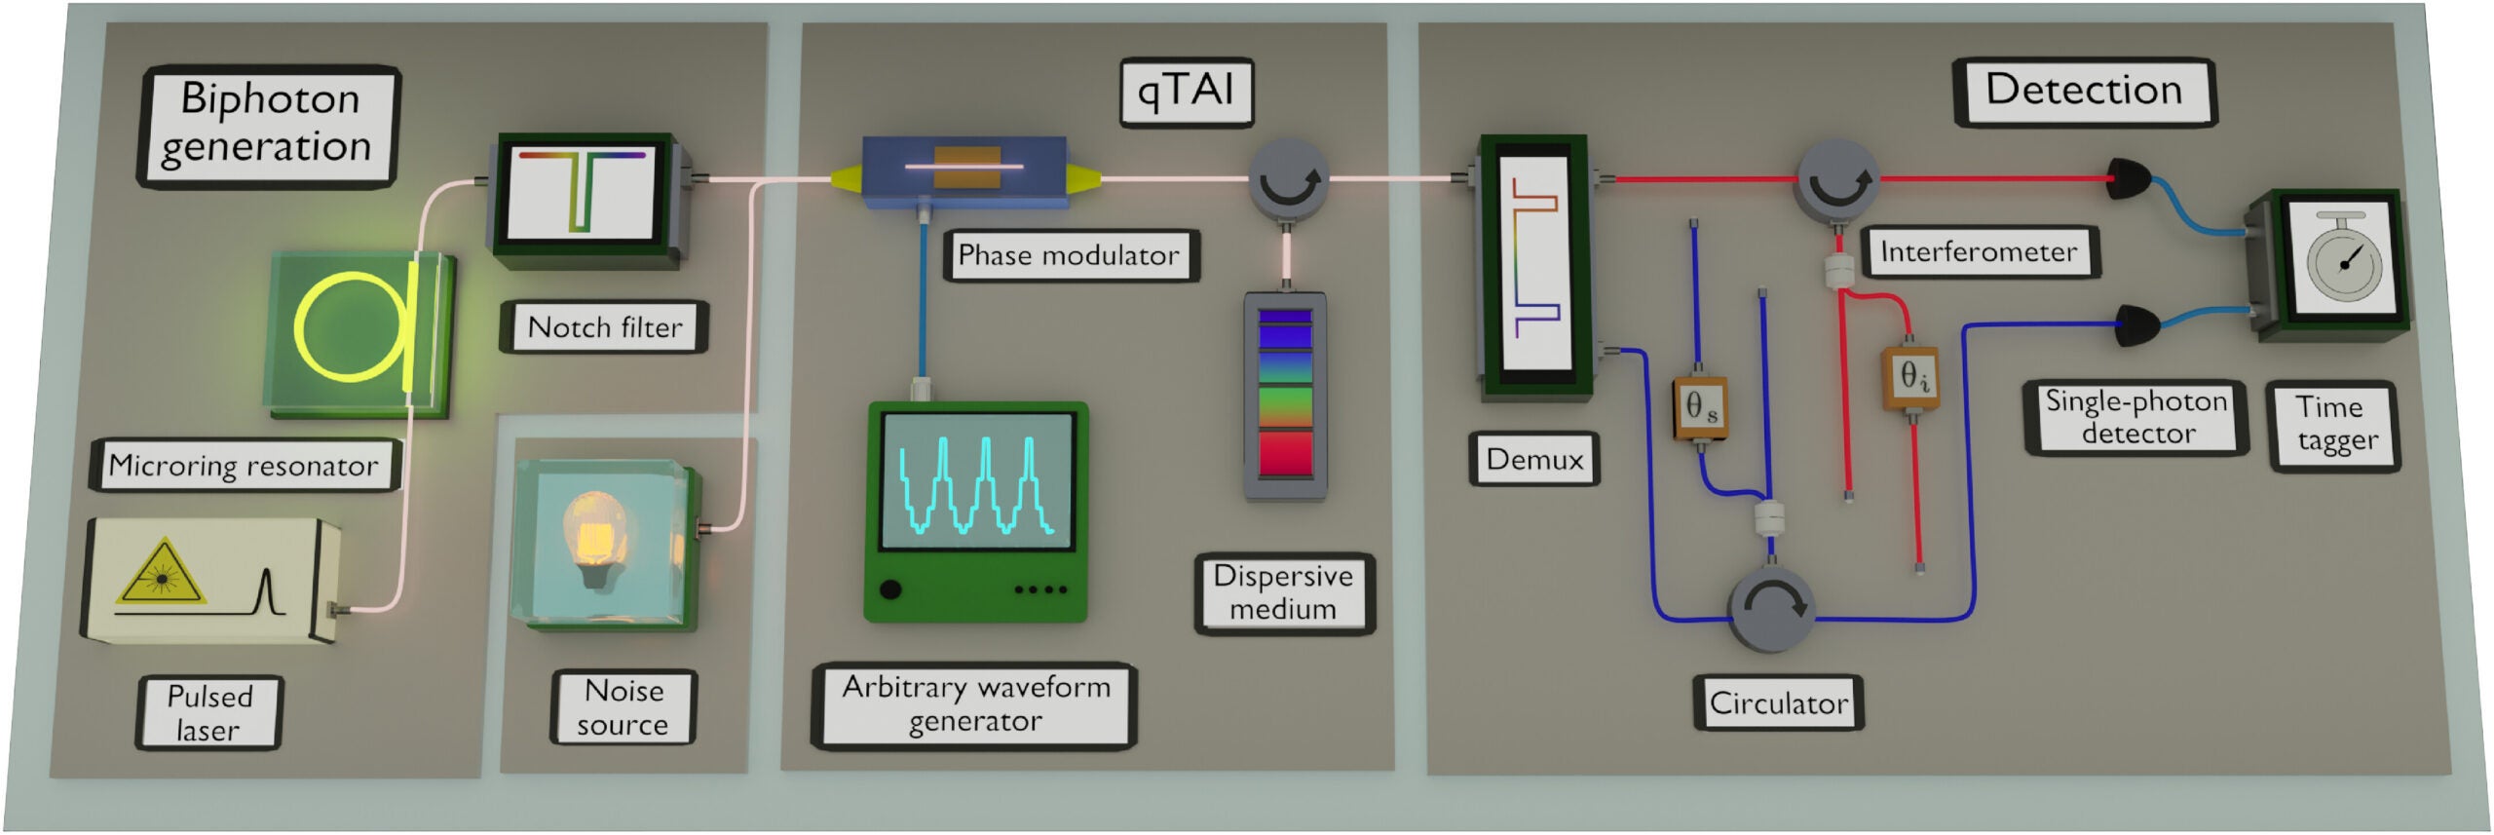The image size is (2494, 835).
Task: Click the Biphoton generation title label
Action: point(267,125)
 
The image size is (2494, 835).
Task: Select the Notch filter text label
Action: point(604,327)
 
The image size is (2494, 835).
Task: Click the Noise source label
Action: point(623,707)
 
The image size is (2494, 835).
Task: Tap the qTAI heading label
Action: point(1186,92)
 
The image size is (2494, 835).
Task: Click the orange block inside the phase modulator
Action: point(966,168)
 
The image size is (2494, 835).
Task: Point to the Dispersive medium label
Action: point(1283,592)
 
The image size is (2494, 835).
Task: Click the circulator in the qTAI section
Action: point(1289,178)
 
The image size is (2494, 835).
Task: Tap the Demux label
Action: point(1534,458)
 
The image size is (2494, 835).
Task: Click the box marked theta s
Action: point(1701,406)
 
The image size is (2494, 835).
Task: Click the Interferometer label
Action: point(1978,252)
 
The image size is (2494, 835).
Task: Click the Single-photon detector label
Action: point(2135,417)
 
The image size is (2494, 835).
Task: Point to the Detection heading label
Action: point(2083,91)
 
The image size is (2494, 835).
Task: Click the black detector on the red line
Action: point(2128,178)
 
